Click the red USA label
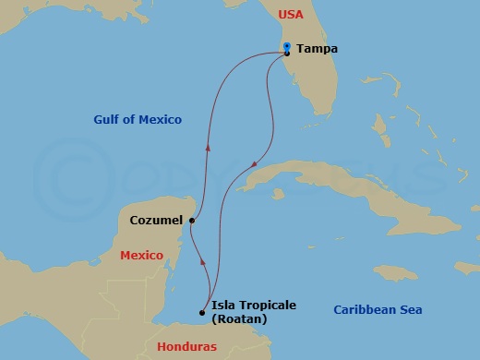(x=292, y=16)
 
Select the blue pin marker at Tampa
(x=287, y=46)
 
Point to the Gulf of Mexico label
(x=138, y=120)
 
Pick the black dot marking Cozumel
(x=191, y=221)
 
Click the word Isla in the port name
(x=224, y=306)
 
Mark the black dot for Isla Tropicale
(x=202, y=312)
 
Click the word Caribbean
(x=365, y=310)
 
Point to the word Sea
(x=410, y=310)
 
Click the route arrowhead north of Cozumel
(x=207, y=147)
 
